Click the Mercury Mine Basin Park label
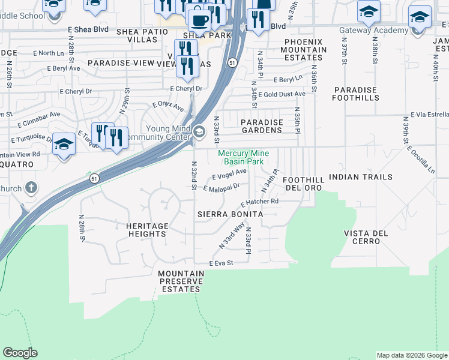(243, 157)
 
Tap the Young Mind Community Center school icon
(199, 130)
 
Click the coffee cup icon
(199, 20)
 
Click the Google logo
(20, 353)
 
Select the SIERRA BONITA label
(231, 214)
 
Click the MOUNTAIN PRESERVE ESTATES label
(181, 281)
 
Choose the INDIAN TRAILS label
(360, 177)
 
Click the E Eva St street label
(220, 263)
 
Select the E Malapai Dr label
(221, 188)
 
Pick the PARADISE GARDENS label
(261, 126)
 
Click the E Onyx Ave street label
(168, 106)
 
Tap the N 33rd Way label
(232, 235)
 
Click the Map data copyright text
(412, 355)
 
